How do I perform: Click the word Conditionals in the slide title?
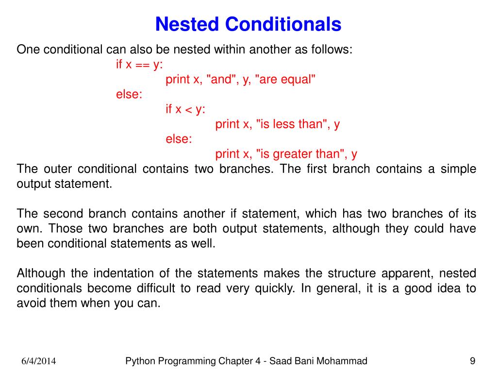coord(283,24)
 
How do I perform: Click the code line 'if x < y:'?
coord(185,109)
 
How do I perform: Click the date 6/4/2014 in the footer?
coord(38,361)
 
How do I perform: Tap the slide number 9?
coord(472,360)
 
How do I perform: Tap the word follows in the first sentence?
coord(333,50)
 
